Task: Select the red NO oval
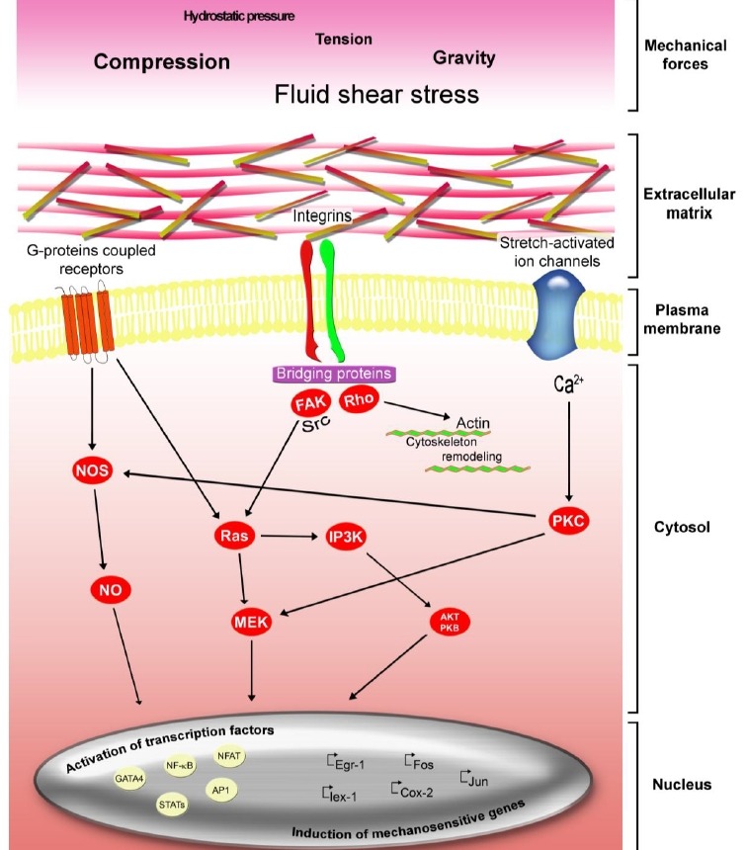(111, 590)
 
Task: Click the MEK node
(251, 623)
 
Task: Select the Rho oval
(359, 399)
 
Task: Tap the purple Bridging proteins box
(336, 374)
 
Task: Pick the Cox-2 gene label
(417, 792)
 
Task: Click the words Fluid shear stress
(376, 95)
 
